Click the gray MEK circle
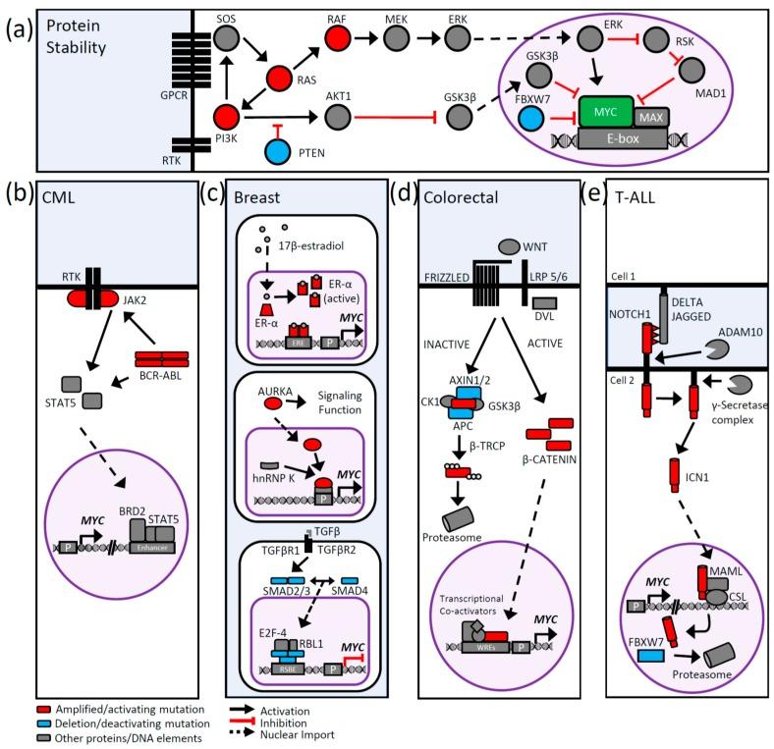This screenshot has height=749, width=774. click(x=397, y=38)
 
